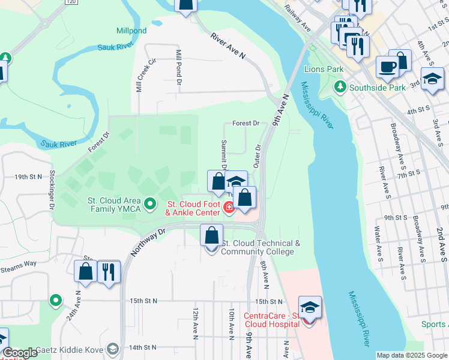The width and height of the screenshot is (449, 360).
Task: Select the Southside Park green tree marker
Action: (x=341, y=87)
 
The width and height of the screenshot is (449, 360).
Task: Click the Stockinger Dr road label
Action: (x=52, y=191)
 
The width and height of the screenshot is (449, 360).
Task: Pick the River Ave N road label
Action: (x=229, y=46)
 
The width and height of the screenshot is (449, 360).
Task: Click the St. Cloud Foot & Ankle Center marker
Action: (x=229, y=208)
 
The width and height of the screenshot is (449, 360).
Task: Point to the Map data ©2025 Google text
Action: (x=411, y=355)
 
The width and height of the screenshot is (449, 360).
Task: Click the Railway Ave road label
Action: (x=298, y=20)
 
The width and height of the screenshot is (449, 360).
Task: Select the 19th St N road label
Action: (x=29, y=177)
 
